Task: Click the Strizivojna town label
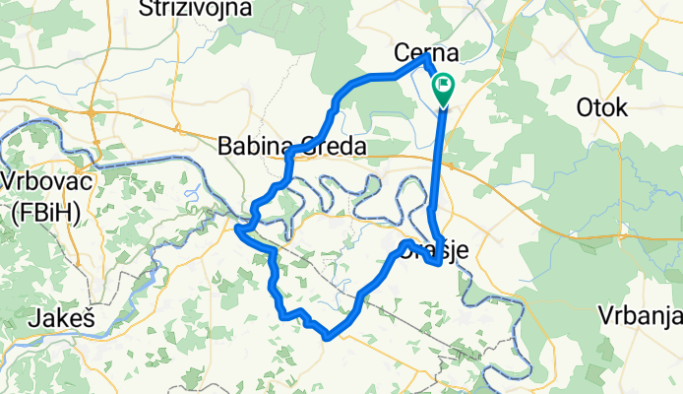point(196,9)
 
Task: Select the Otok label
point(601,108)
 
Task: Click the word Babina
point(254,147)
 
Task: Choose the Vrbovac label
point(41,182)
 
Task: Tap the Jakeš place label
point(61,318)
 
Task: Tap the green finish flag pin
point(443,90)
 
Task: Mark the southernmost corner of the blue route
point(326,337)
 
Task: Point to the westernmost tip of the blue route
point(238,229)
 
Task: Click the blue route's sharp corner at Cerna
point(426,57)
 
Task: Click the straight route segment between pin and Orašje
point(438,158)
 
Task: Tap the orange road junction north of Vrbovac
point(90,114)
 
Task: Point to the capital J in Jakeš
point(36,318)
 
